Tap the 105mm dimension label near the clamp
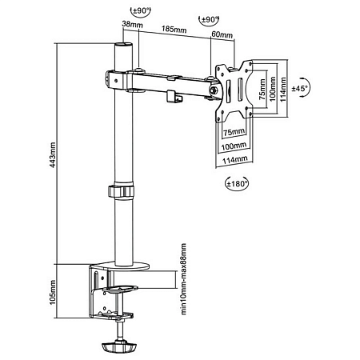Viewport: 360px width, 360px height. click(54, 294)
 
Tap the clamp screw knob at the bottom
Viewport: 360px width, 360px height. click(121, 348)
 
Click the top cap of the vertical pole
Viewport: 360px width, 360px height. click(122, 49)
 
